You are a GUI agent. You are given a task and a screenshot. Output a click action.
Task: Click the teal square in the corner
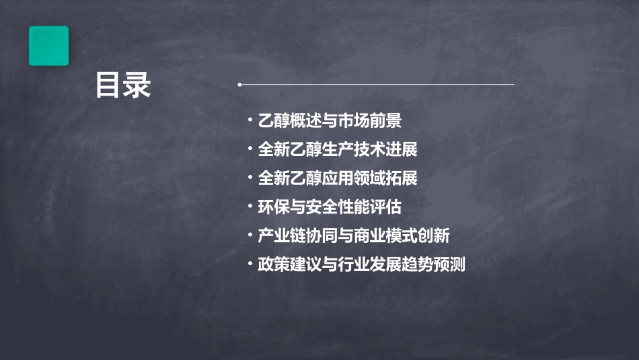tap(48, 46)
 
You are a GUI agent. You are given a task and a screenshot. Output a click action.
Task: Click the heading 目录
tap(123, 85)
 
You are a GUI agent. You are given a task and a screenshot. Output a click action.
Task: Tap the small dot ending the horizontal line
tap(239, 85)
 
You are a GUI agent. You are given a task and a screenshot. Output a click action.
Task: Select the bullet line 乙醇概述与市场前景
tap(330, 121)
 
